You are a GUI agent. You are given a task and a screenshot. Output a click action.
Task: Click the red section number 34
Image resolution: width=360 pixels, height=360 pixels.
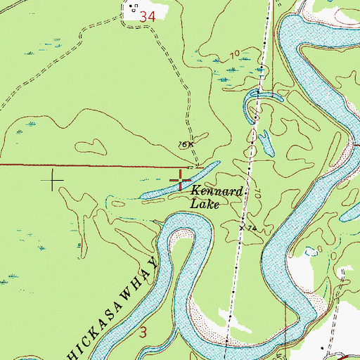[148, 15]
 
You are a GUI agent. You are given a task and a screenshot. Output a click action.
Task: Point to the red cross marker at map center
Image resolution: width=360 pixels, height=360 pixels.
[180, 180]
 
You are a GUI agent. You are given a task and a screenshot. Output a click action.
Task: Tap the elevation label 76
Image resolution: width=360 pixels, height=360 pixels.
[183, 145]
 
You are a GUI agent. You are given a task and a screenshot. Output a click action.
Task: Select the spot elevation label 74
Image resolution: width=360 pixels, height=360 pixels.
[250, 229]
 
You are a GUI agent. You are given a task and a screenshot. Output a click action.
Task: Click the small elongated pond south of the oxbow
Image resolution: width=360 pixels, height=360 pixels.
[266, 143]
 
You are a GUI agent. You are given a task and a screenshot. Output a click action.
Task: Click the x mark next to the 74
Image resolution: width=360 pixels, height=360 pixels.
[241, 228]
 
